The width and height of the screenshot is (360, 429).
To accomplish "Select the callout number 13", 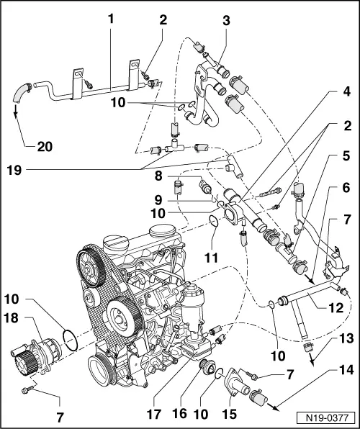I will (x=346, y=339).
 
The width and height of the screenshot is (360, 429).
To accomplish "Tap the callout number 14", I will (x=346, y=372).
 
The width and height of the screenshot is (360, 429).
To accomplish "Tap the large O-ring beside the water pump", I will (x=67, y=340).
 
